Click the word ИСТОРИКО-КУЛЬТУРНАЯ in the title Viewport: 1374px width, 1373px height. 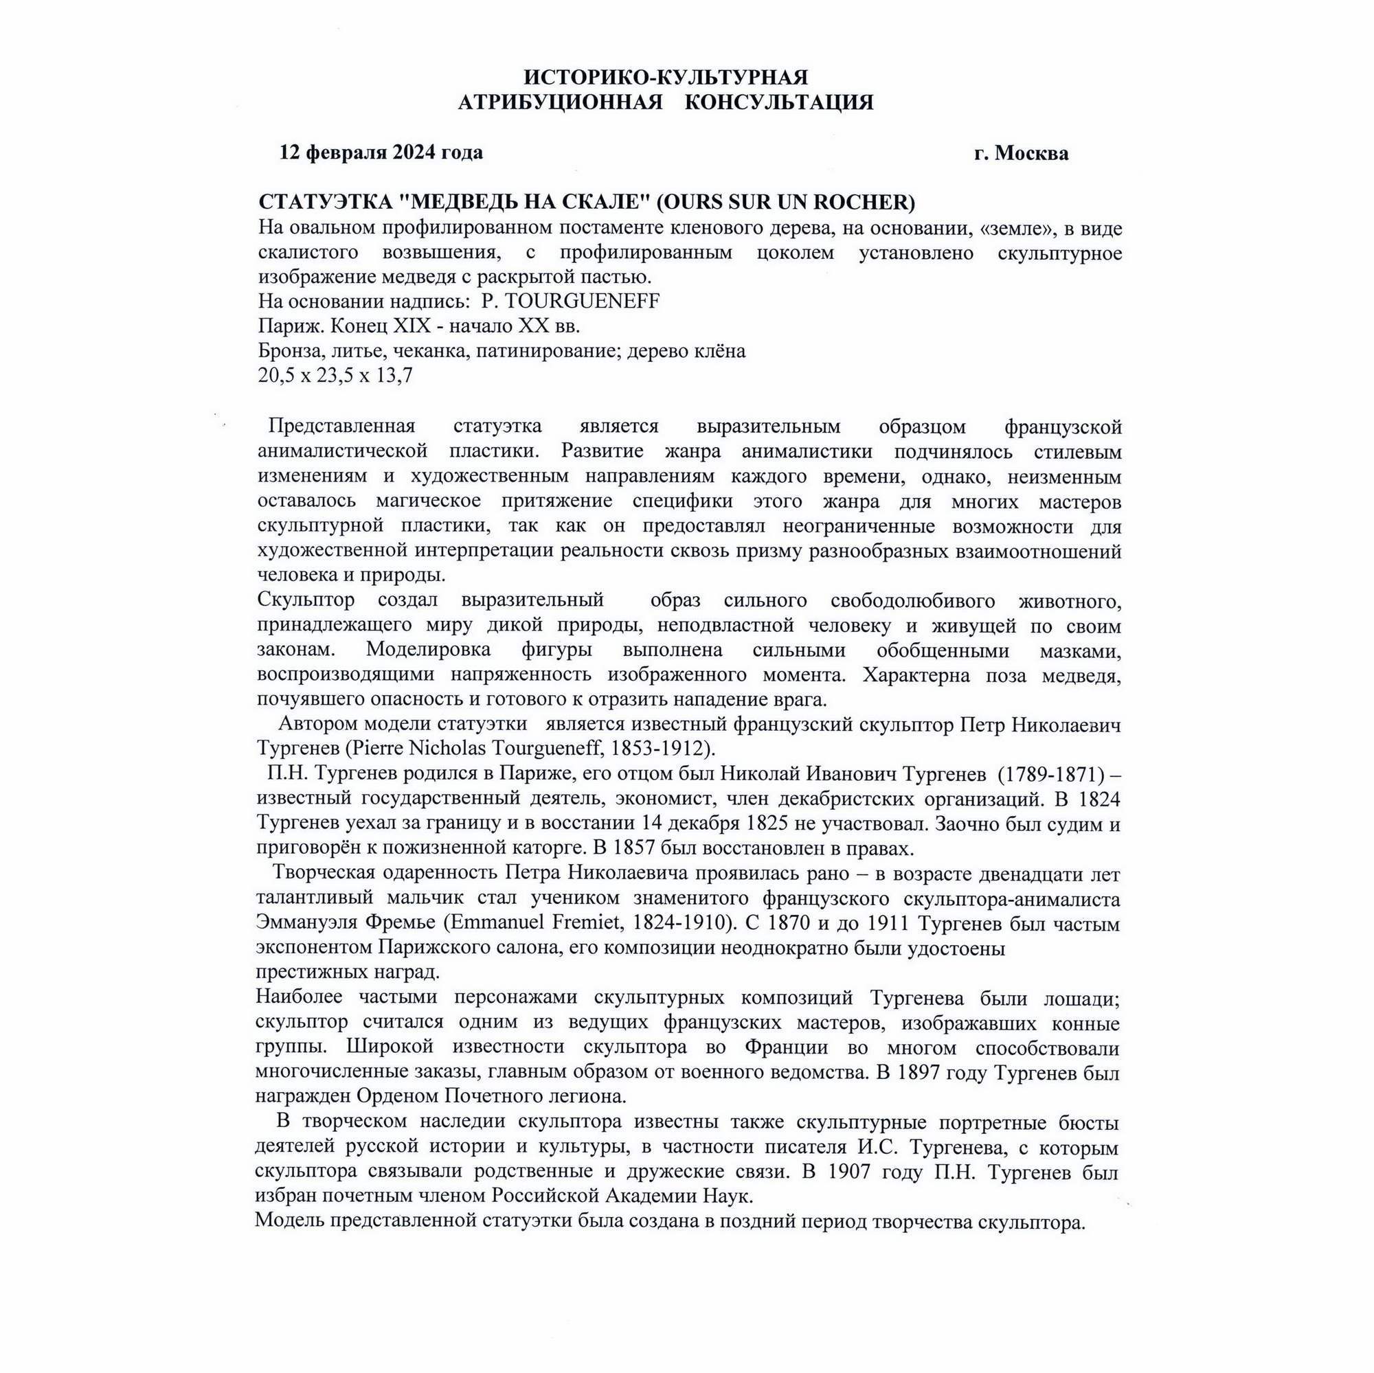point(666,77)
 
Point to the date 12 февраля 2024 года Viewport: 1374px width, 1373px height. point(381,152)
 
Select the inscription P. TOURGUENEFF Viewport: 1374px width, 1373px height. point(570,302)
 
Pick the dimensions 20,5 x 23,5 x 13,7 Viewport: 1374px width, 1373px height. point(335,376)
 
